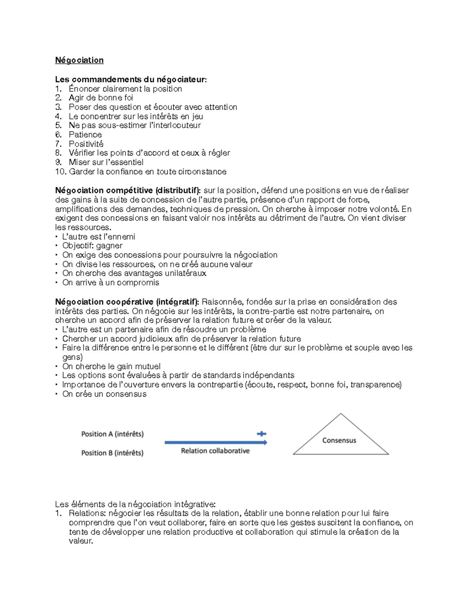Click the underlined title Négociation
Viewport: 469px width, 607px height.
(x=79, y=60)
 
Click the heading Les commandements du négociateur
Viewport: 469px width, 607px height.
(x=131, y=79)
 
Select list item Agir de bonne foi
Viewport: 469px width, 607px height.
(x=101, y=98)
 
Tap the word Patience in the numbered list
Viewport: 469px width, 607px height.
(x=85, y=134)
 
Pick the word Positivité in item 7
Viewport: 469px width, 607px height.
(x=86, y=144)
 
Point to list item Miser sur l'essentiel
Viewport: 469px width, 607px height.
(x=106, y=162)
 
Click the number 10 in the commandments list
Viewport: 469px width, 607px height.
(x=60, y=172)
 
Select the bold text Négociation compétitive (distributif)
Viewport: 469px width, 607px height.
(x=128, y=190)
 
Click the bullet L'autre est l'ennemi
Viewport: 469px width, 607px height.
(x=98, y=236)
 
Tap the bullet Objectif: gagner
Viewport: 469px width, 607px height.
(x=92, y=245)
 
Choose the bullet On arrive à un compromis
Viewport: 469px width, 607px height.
(x=111, y=283)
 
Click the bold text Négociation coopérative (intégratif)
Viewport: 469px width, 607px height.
(x=127, y=302)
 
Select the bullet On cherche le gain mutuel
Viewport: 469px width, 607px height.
(x=111, y=366)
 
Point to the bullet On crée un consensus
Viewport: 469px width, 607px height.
(x=104, y=394)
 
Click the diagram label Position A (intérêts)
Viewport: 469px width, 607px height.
(x=112, y=434)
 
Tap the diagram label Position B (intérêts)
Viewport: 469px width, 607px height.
(x=112, y=453)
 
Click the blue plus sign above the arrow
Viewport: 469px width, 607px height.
(x=261, y=433)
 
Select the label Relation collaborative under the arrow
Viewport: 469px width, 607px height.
(x=215, y=451)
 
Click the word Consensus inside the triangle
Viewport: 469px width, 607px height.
(x=339, y=440)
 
